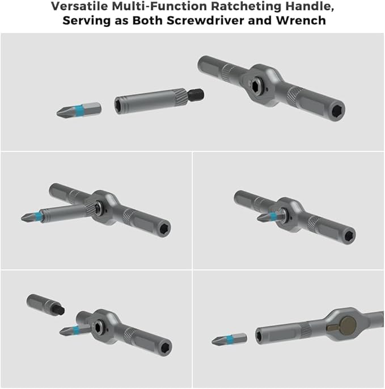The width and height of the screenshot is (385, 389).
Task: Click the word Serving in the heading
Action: coord(84,21)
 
